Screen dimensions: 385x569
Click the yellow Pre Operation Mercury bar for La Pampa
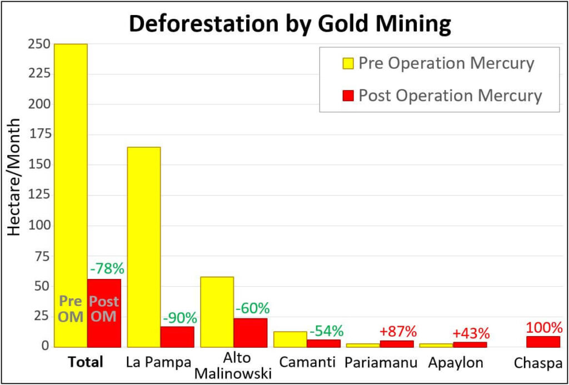tap(144, 247)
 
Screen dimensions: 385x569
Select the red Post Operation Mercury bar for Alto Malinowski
tap(250, 332)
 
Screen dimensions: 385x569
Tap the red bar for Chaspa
tap(543, 341)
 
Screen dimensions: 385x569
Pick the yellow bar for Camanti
tap(290, 339)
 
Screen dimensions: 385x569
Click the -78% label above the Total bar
tap(106, 268)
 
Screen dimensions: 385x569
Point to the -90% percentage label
tap(179, 318)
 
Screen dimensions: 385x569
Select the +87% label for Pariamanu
tap(398, 332)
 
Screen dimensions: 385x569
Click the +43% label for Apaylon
tap(471, 333)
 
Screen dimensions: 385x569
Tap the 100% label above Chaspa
tap(543, 327)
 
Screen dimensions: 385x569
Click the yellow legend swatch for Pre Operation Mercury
tap(348, 63)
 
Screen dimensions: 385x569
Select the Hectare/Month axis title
tap(14, 177)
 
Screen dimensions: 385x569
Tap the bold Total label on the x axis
tap(86, 363)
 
